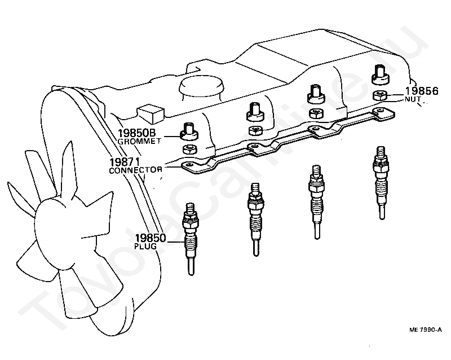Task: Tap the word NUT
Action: [413, 99]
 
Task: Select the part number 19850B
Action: [136, 133]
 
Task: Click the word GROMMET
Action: [138, 142]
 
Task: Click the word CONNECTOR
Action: [136, 170]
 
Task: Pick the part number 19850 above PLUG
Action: [150, 238]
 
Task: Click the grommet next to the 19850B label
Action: [189, 132]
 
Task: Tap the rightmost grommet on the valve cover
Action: [379, 73]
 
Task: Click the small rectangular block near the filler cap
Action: [150, 111]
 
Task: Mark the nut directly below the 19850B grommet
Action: [189, 150]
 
